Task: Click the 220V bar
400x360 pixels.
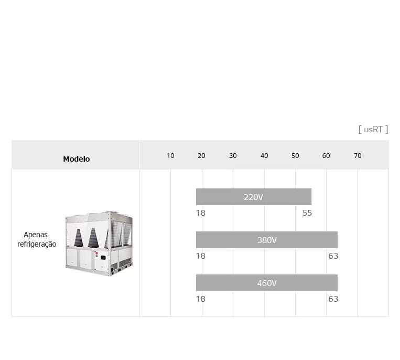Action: click(254, 197)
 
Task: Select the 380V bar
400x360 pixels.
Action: click(267, 240)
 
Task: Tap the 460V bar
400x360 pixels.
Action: click(267, 283)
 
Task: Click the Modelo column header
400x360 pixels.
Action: click(77, 158)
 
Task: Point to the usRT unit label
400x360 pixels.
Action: click(373, 129)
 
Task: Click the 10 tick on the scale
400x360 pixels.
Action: click(170, 155)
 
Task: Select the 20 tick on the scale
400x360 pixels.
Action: click(201, 155)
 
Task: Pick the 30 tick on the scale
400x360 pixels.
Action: click(233, 155)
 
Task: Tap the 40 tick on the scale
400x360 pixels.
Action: click(264, 155)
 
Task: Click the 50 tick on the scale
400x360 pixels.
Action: click(295, 155)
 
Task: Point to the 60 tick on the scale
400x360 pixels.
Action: click(326, 155)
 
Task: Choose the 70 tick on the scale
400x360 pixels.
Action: click(358, 155)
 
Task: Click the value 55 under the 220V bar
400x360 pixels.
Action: click(307, 213)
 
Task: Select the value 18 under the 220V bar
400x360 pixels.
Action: click(201, 213)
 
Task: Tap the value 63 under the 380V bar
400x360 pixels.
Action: click(333, 256)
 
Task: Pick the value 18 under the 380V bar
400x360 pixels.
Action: click(201, 256)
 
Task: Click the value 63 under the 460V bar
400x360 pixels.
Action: click(333, 299)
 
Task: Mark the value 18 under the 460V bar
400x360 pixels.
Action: click(201, 299)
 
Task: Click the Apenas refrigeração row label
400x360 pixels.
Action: click(37, 239)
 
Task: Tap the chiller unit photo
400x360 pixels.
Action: click(99, 243)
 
